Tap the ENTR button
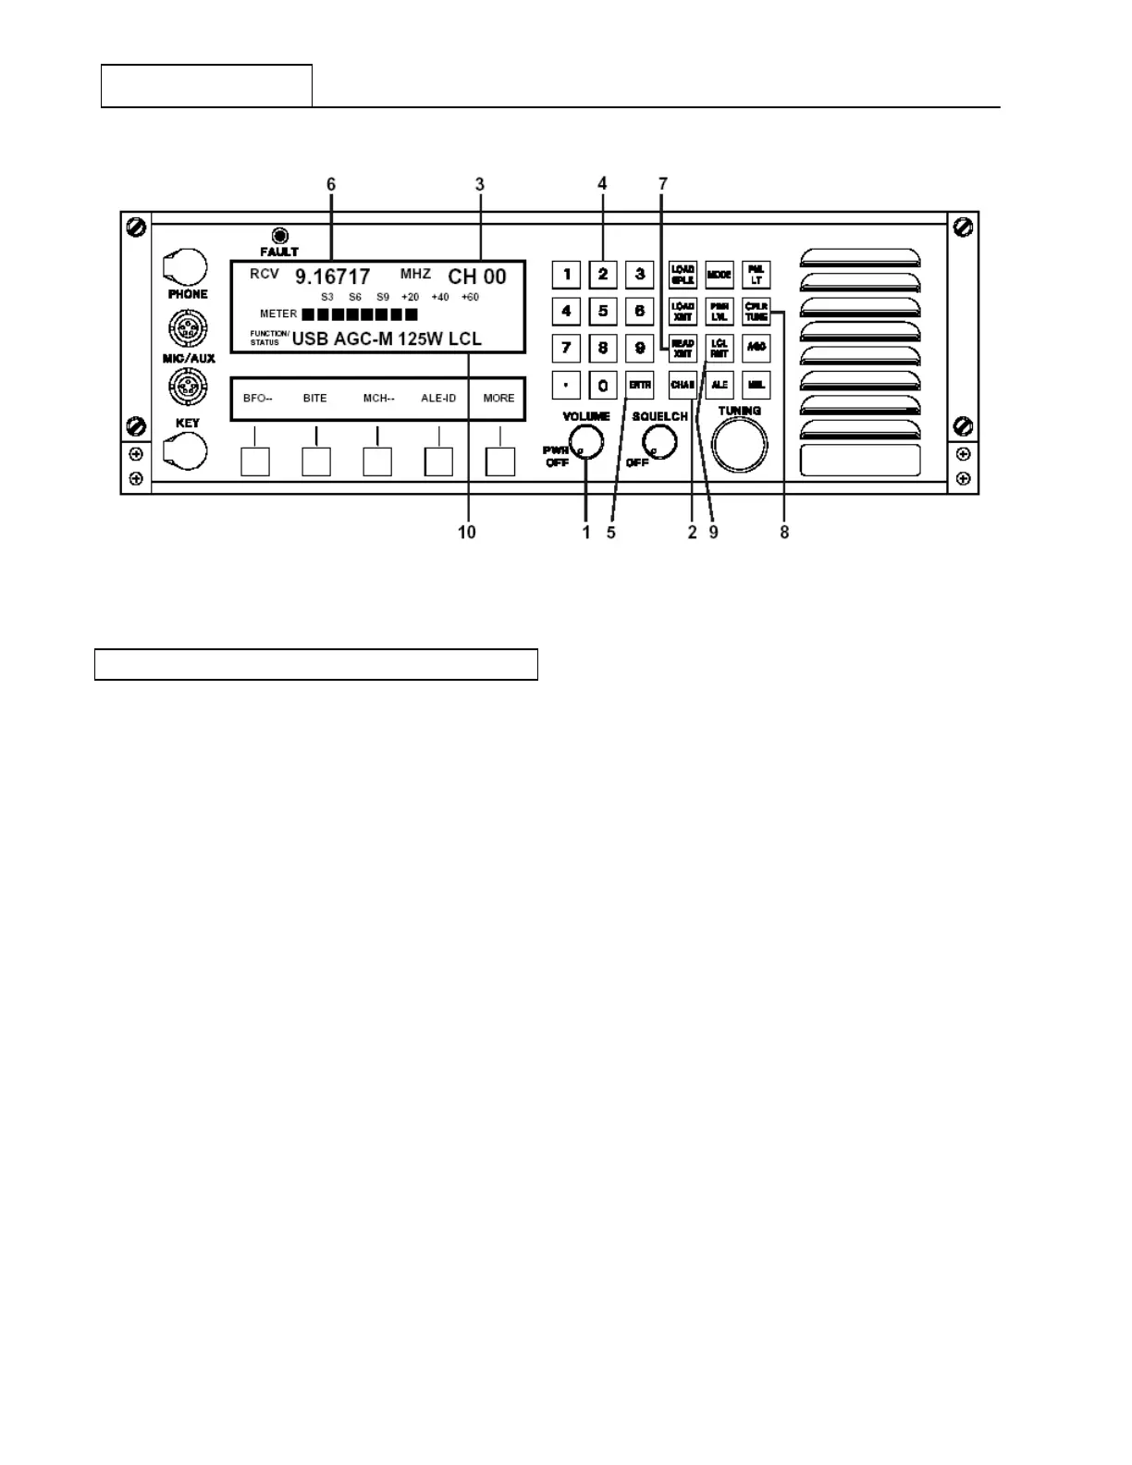pos(640,384)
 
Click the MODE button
pos(719,275)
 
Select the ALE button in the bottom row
pos(720,384)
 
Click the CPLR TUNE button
pos(757,312)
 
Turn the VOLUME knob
pos(586,443)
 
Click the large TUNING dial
pos(740,445)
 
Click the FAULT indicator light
pos(278,236)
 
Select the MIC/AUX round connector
pos(187,328)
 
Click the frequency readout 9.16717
pos(332,277)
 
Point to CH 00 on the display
pos(477,277)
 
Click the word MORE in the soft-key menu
pos(498,399)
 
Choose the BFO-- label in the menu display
pos(257,399)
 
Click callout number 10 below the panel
pos(467,533)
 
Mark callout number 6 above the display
pos(331,184)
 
